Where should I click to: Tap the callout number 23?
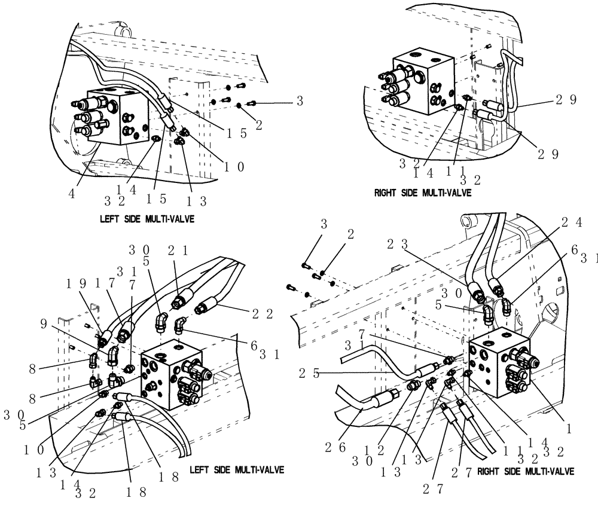(413, 244)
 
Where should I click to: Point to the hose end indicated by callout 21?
(182, 296)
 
